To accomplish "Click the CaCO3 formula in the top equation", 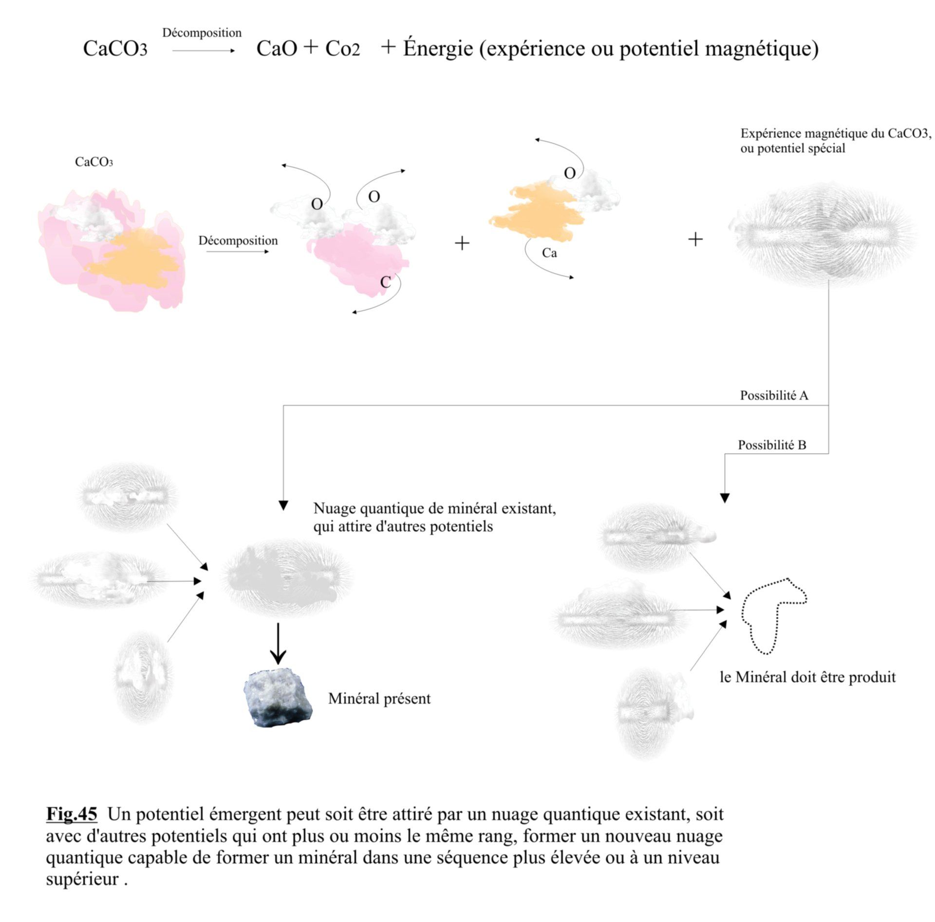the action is coord(115,49).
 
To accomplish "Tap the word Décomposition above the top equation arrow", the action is coord(202,33).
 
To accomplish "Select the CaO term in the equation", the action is coord(277,49).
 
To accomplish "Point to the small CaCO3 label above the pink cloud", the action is coord(94,162).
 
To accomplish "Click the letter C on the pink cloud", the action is coord(385,282).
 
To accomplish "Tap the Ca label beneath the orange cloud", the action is coord(549,253).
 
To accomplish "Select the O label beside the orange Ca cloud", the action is coord(570,173).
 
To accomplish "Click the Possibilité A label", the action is coord(774,395).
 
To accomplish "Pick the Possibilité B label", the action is coord(772,445).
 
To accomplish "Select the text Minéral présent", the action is coord(379,699).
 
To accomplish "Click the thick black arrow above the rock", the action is coord(278,644).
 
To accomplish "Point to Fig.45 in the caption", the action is coord(72,814).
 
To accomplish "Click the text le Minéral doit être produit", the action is coord(807,677).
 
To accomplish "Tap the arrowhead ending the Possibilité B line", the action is coord(725,498).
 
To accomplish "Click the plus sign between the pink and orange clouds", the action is coord(462,243).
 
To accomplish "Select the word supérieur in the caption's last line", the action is coord(82,879).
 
